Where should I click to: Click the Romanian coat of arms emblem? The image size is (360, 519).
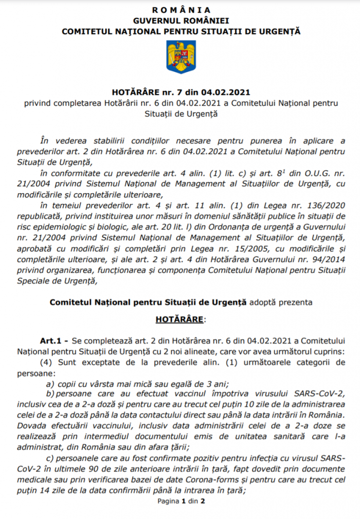click(x=180, y=56)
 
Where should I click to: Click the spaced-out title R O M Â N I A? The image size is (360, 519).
click(x=181, y=10)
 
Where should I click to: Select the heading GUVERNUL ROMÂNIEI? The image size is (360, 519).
click(x=181, y=20)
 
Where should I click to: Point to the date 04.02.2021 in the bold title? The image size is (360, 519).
click(x=226, y=93)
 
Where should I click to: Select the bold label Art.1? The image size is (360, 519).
click(x=51, y=342)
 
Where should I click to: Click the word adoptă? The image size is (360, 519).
click(x=262, y=302)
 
